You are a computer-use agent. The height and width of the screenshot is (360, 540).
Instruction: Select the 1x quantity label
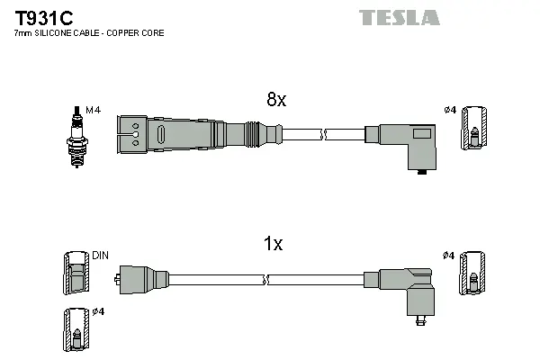pyautogui.click(x=273, y=244)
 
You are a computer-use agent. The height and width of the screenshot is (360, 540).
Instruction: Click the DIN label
pyautogui.click(x=100, y=256)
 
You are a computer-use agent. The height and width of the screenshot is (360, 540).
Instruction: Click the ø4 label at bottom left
pyautogui.click(x=98, y=311)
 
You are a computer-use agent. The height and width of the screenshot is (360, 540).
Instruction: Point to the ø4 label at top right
pyautogui.click(x=450, y=111)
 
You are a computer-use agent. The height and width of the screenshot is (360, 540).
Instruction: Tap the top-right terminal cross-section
pyautogui.click(x=473, y=128)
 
